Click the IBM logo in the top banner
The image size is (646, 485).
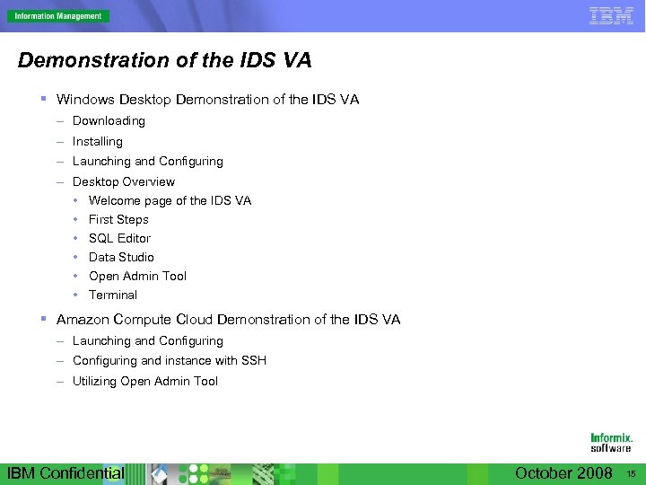pos(611,15)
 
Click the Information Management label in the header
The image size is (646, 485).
pos(57,16)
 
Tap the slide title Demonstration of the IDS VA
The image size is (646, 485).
pos(164,61)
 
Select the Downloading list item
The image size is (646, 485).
pos(109,121)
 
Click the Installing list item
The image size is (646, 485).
pos(97,142)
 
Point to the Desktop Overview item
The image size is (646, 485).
pos(124,181)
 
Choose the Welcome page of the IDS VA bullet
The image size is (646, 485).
pos(170,200)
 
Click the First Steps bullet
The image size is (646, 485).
pos(118,219)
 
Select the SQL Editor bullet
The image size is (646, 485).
pos(119,238)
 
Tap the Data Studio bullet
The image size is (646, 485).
pos(121,257)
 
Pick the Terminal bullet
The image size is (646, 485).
pos(113,295)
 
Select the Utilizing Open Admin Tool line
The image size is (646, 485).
pos(144,382)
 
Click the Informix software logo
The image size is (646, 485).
pos(610,443)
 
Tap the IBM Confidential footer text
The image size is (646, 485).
pos(65,473)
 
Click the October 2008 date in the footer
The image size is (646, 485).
pos(563,473)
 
